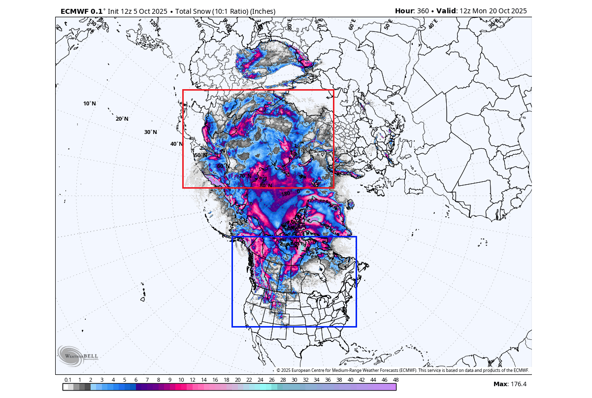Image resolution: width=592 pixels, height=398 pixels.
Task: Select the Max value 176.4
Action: [x=517, y=384]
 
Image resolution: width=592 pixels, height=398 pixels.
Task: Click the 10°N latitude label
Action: [x=90, y=103]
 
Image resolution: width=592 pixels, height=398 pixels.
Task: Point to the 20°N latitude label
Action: [x=122, y=119]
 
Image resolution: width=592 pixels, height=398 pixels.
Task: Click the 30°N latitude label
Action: [x=151, y=132]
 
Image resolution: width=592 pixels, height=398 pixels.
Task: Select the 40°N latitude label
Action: [x=176, y=144]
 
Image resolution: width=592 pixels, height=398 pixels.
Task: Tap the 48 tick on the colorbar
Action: [x=395, y=380]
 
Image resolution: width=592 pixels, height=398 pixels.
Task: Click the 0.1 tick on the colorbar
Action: [x=68, y=380]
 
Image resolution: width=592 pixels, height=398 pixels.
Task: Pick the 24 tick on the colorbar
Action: [x=260, y=380]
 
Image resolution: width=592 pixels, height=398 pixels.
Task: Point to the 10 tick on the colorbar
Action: [x=181, y=380]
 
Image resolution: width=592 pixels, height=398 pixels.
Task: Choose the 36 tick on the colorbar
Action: [x=328, y=380]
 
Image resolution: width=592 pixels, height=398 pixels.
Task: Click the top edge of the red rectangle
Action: [x=258, y=90]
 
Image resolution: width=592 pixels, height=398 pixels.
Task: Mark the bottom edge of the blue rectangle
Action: [x=294, y=326]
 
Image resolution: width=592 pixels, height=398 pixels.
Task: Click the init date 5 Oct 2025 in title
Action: [x=147, y=11]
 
